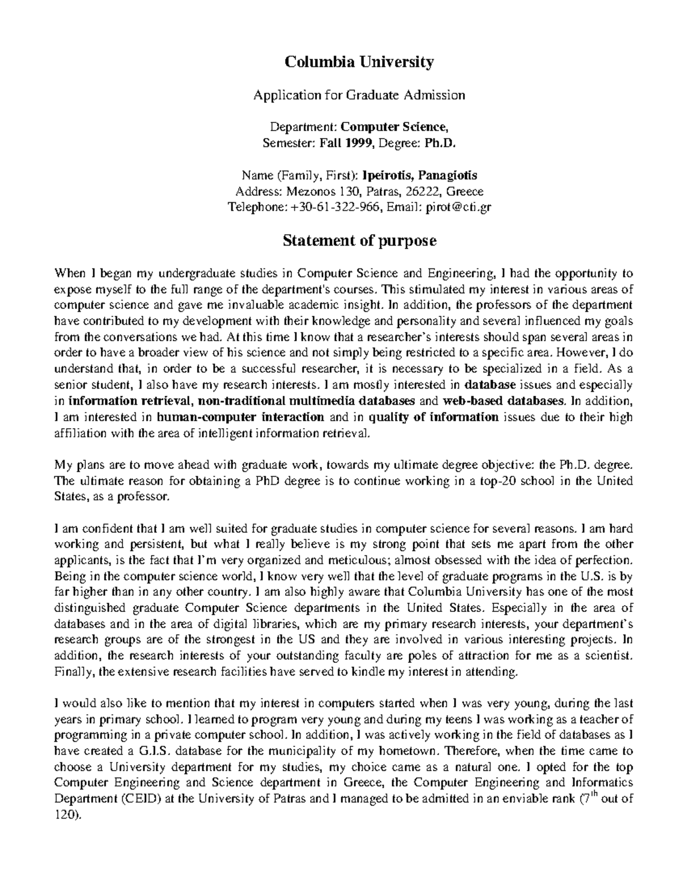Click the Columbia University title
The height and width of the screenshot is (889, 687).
click(x=360, y=61)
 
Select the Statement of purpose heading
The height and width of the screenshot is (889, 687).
click(x=360, y=241)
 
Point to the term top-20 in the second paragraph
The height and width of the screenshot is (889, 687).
click(x=486, y=481)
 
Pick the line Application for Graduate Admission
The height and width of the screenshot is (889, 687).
click(x=360, y=94)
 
